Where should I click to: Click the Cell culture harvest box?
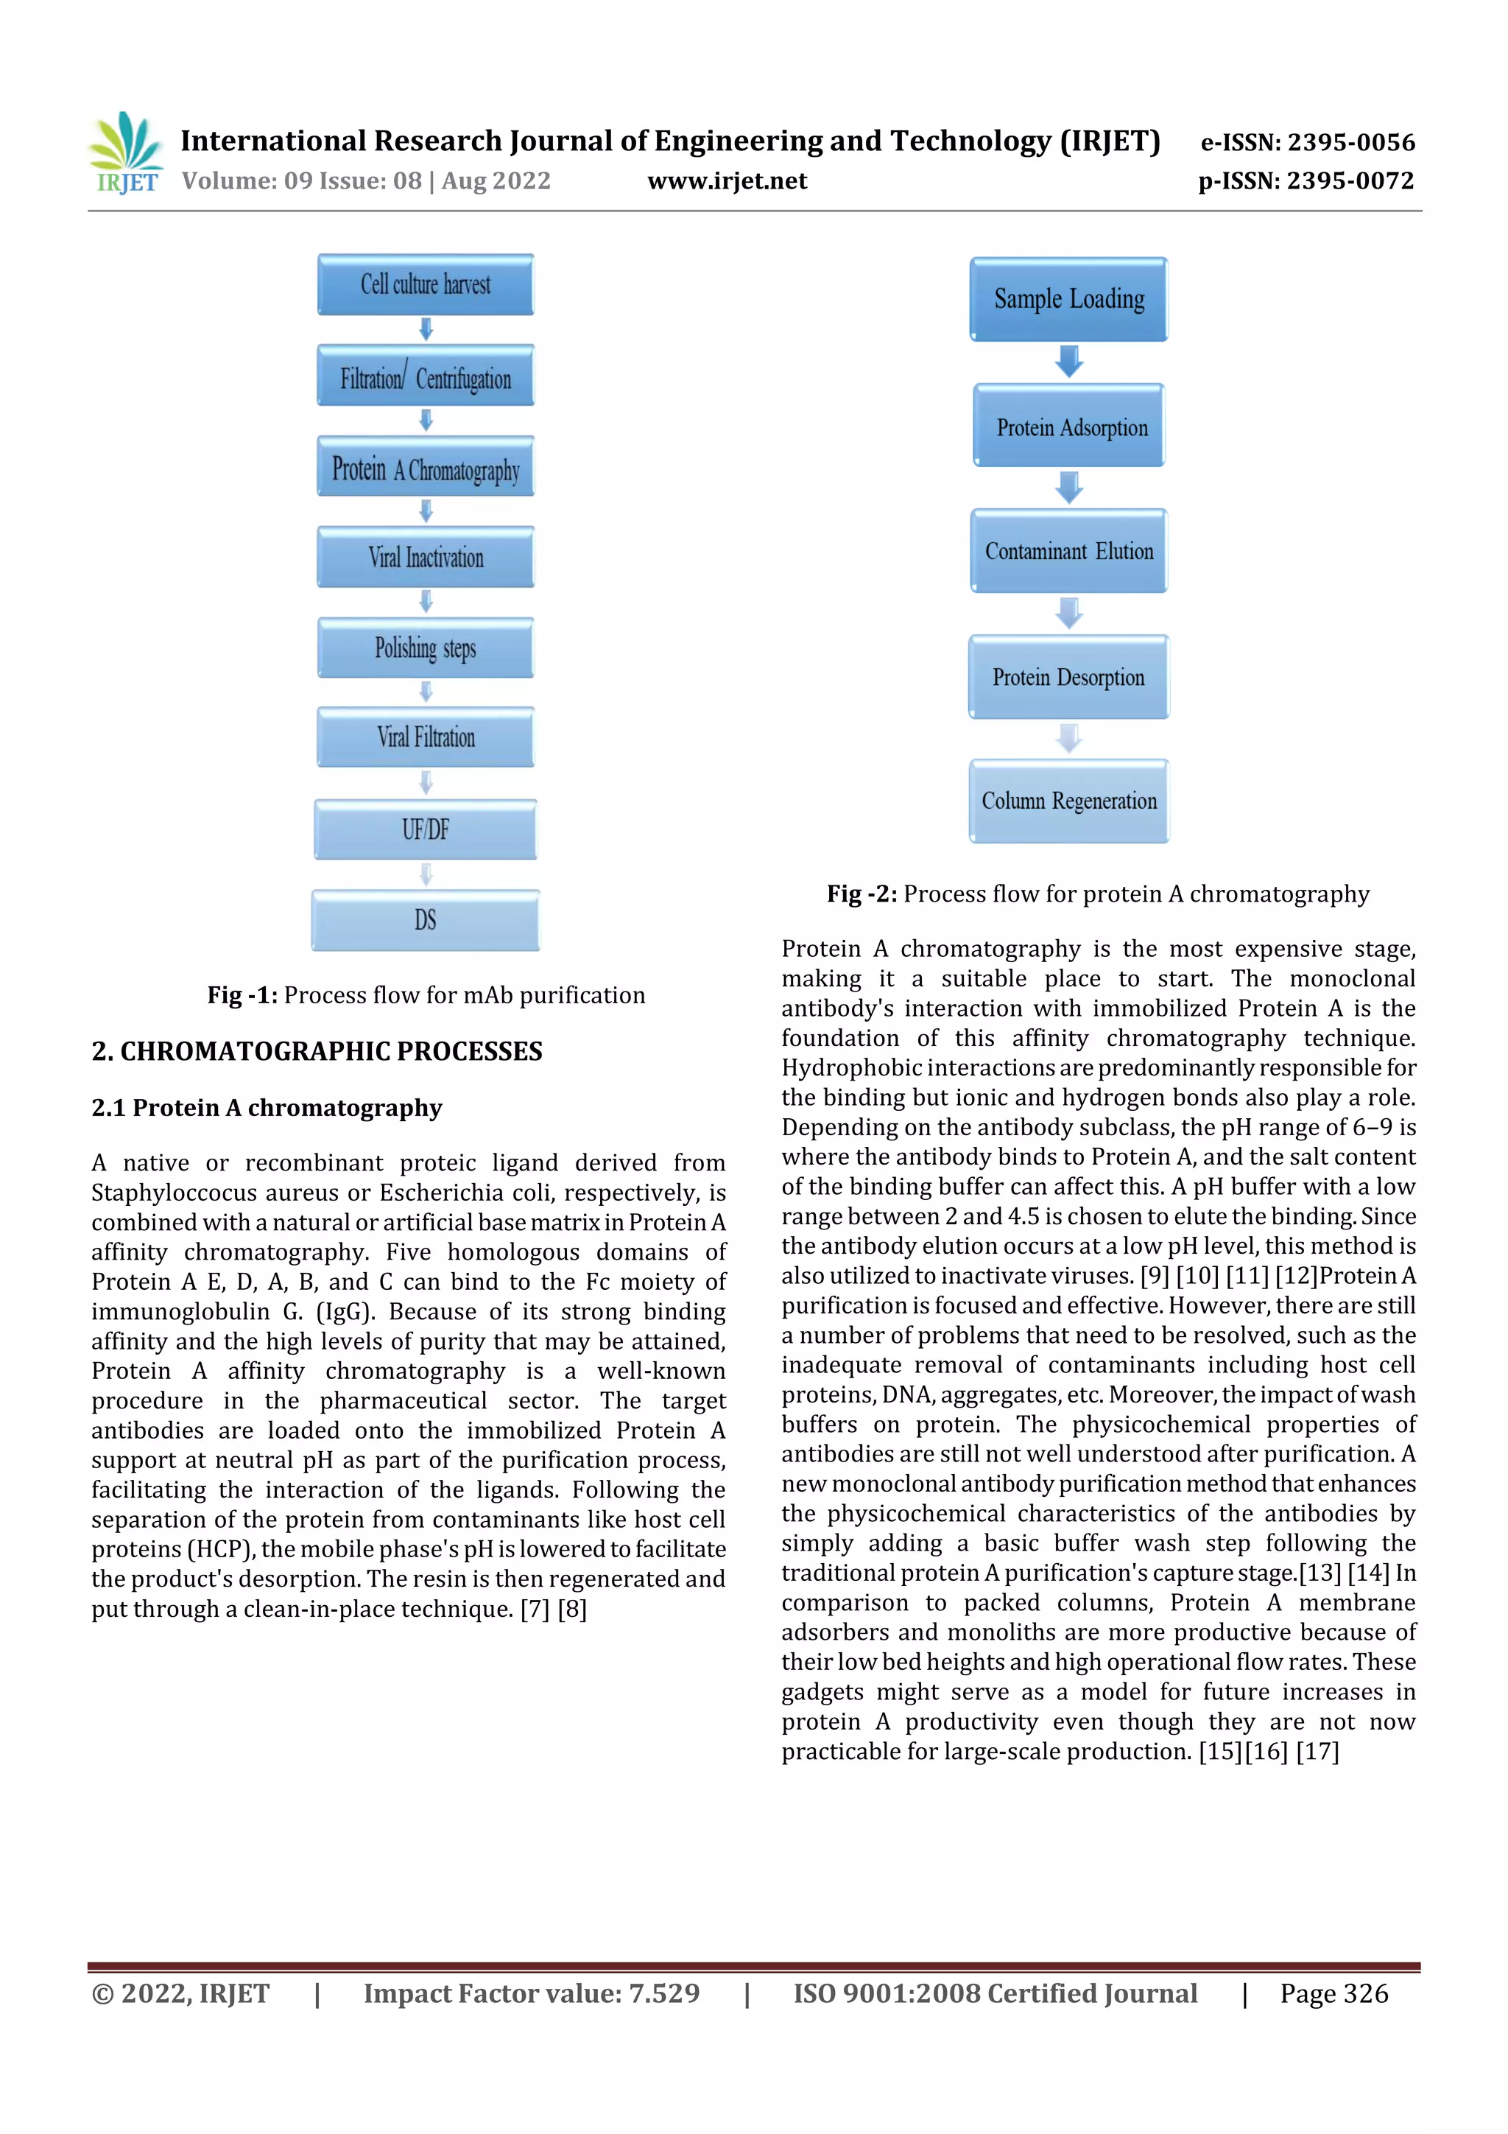coord(426,284)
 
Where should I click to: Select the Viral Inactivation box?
coord(426,558)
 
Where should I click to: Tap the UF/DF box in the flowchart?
coord(426,829)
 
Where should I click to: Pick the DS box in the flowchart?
coord(426,920)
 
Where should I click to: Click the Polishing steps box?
coord(426,647)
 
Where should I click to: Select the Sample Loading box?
coord(1068,299)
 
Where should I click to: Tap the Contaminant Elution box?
coord(1068,551)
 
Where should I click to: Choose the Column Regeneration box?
coord(1068,801)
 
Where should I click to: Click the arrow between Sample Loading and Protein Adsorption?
coord(1069,362)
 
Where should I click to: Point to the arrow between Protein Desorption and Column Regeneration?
coord(1069,739)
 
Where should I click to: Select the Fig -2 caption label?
coord(862,894)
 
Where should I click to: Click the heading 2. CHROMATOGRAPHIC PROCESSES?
coord(317,1051)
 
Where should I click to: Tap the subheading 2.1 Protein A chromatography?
coord(267,1108)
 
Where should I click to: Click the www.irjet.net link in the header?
coord(727,181)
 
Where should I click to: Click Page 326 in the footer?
coord(1333,1993)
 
